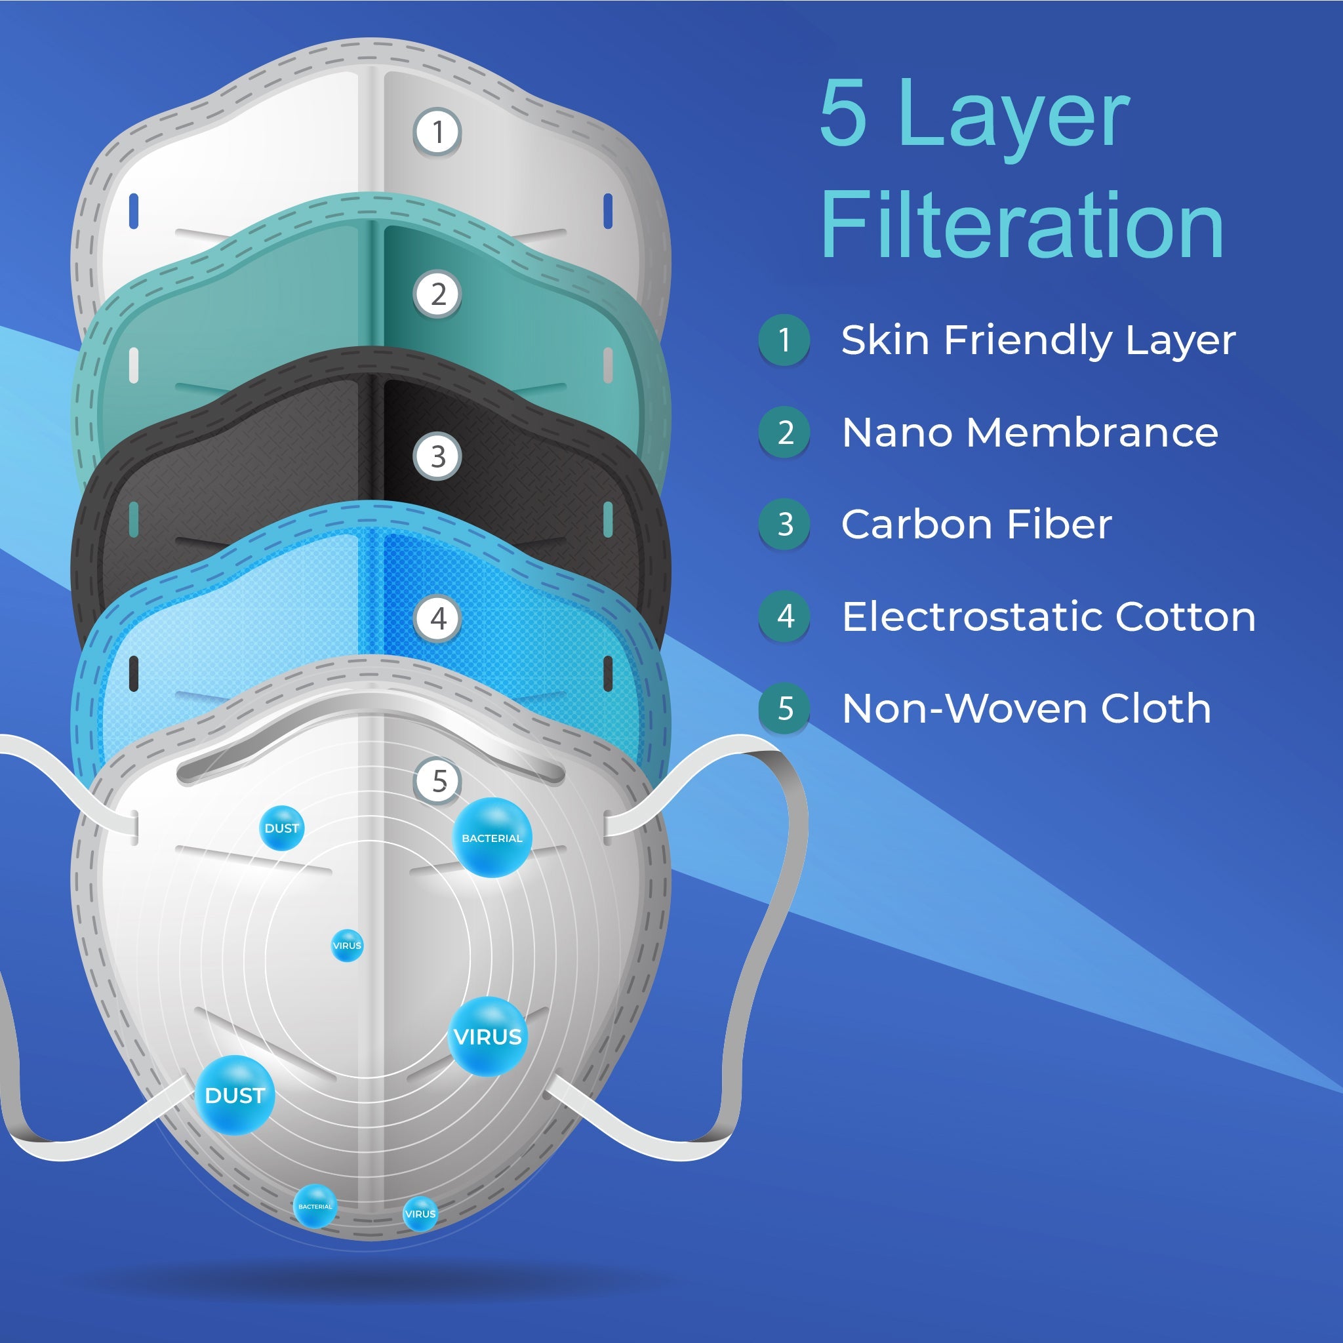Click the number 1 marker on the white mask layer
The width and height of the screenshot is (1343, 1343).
(x=437, y=131)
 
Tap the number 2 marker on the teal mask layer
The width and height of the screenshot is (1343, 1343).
(x=437, y=294)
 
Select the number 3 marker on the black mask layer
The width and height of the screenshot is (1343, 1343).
(x=437, y=456)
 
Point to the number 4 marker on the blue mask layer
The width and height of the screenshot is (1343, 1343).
(x=437, y=618)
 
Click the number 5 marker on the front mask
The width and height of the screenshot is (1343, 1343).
(x=438, y=780)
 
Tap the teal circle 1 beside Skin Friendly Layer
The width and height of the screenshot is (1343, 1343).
(x=785, y=340)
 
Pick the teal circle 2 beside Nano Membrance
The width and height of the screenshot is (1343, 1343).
(x=785, y=432)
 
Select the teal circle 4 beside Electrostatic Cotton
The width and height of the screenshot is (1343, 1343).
(x=785, y=616)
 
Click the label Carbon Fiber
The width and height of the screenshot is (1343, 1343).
(x=976, y=524)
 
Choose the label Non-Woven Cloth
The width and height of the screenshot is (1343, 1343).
(x=1026, y=708)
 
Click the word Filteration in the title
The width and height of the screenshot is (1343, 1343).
(x=1022, y=224)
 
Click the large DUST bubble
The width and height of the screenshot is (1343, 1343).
(x=235, y=1095)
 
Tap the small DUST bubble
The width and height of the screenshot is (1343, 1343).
(x=281, y=828)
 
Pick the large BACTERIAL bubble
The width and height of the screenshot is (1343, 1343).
(x=492, y=837)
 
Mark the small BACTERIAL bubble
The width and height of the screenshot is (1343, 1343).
(x=315, y=1206)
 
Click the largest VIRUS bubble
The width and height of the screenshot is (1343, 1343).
(x=488, y=1037)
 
